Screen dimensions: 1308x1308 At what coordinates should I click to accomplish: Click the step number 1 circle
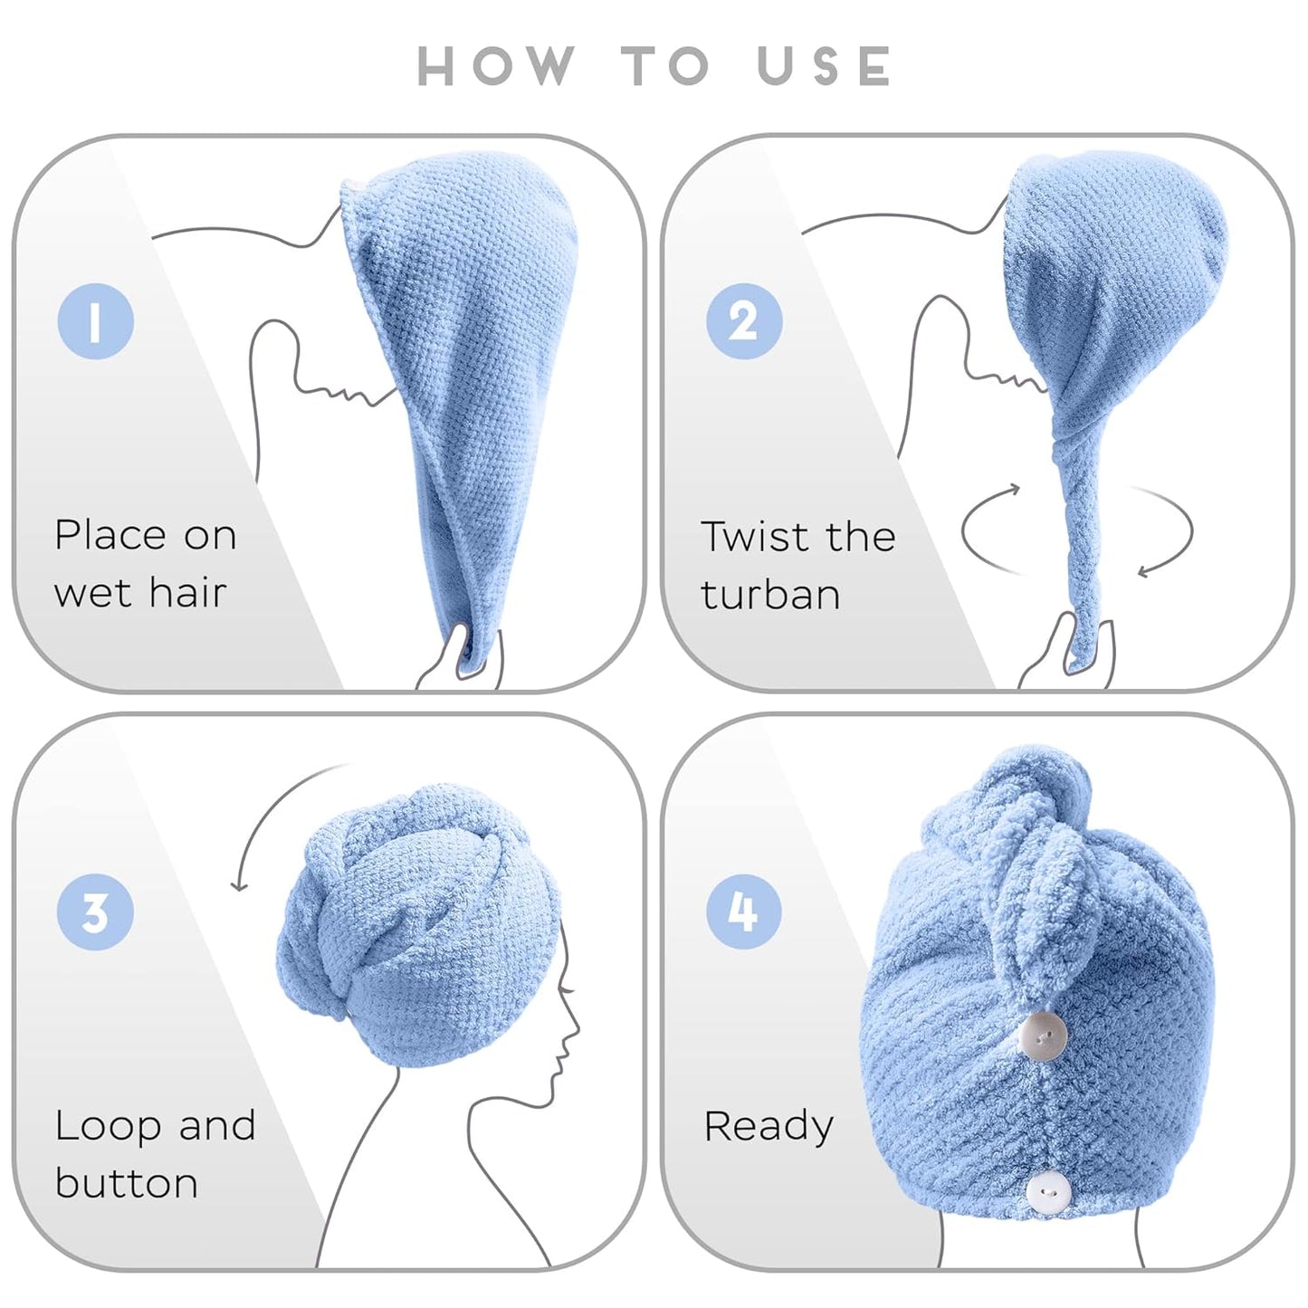[96, 321]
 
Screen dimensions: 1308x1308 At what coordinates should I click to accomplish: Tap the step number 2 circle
[744, 321]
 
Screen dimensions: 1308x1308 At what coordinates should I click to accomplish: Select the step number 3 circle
[96, 912]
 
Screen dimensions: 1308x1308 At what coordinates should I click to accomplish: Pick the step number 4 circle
[744, 912]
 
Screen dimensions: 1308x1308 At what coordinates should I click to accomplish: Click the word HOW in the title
[496, 66]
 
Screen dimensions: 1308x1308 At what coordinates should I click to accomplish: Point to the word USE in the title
[825, 66]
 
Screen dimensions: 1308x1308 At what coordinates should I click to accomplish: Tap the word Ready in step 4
[769, 1126]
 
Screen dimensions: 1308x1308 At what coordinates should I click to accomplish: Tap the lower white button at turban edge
[1048, 1193]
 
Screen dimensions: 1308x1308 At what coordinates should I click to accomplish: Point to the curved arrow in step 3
[272, 815]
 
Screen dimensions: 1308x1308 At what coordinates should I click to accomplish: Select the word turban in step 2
[770, 595]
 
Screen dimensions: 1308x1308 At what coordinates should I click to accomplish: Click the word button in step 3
[127, 1184]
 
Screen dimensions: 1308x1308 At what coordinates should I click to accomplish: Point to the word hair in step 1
[187, 593]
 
